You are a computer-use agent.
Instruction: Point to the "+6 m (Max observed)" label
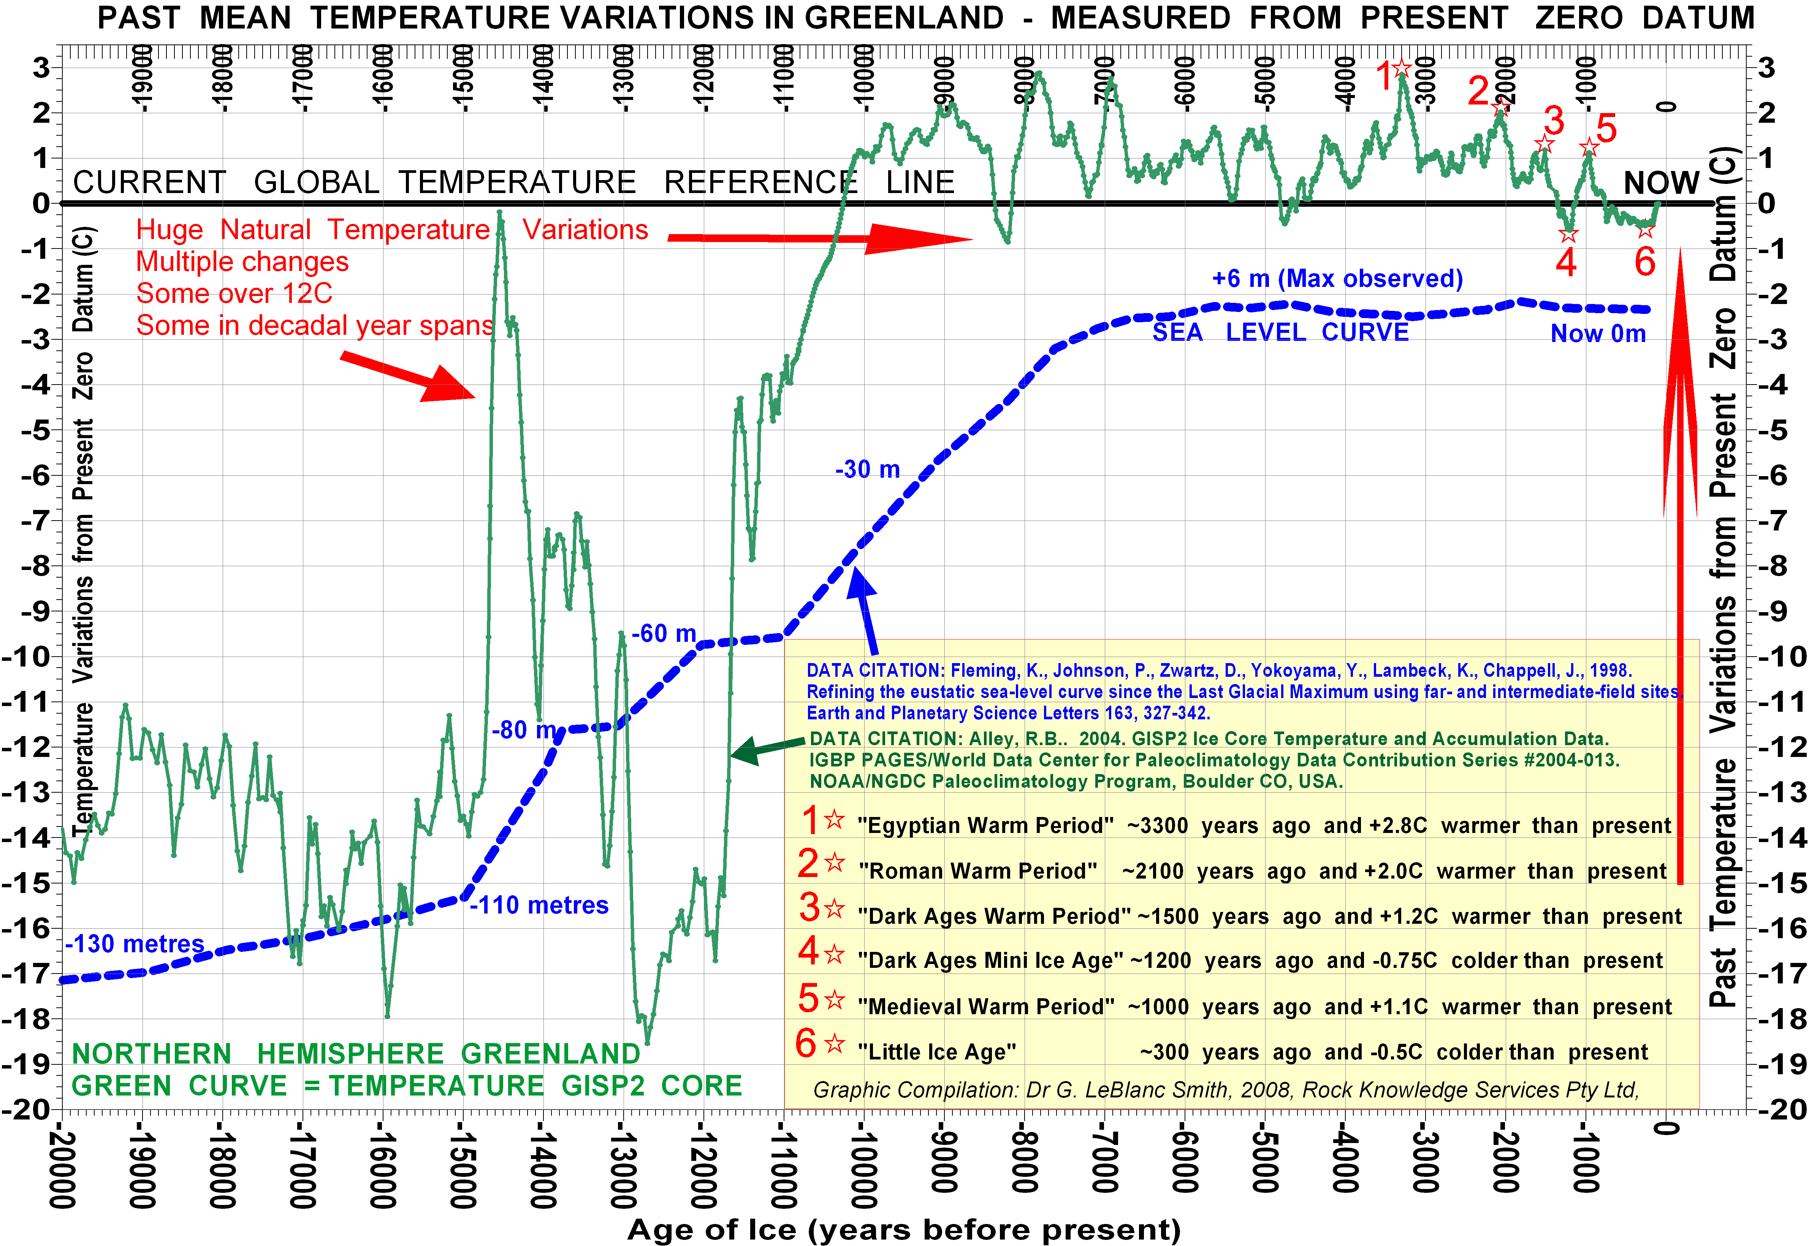[1337, 279]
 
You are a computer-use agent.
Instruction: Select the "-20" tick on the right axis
[1784, 1109]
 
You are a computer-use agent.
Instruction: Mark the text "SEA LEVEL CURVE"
[1280, 332]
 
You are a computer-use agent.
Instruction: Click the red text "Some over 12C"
[234, 293]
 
